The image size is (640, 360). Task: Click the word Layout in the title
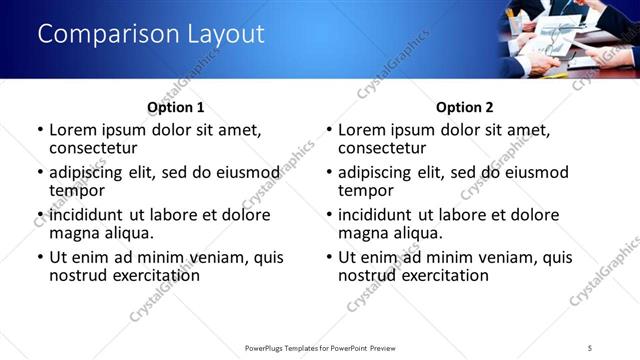[226, 34]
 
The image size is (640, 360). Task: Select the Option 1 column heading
[175, 107]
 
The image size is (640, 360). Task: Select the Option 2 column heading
[464, 107]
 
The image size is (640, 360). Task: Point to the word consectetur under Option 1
[92, 148]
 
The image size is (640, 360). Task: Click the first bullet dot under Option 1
[40, 130]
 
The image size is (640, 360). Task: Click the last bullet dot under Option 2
[329, 257]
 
